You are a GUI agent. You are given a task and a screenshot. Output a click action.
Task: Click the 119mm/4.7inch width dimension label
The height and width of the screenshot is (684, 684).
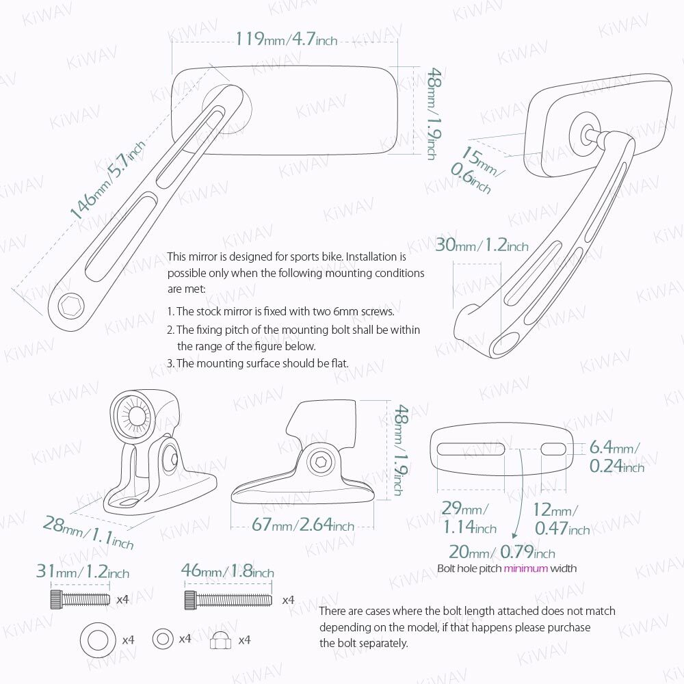click(x=287, y=39)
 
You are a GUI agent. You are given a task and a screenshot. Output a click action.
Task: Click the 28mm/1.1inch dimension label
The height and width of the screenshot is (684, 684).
click(x=88, y=533)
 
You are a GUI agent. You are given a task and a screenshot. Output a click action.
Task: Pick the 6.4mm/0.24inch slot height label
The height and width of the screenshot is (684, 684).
click(x=616, y=457)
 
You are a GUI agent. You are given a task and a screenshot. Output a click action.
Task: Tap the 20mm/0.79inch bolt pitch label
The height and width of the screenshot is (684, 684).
click(x=502, y=552)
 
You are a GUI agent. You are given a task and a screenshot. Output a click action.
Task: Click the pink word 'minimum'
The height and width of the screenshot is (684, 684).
click(x=526, y=568)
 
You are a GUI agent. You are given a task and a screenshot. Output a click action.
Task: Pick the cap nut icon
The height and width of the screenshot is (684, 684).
click(x=222, y=640)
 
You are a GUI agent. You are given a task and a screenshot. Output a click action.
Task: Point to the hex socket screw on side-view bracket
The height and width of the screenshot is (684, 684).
click(x=318, y=461)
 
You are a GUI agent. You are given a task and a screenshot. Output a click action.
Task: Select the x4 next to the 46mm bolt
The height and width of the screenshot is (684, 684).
click(x=288, y=600)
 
